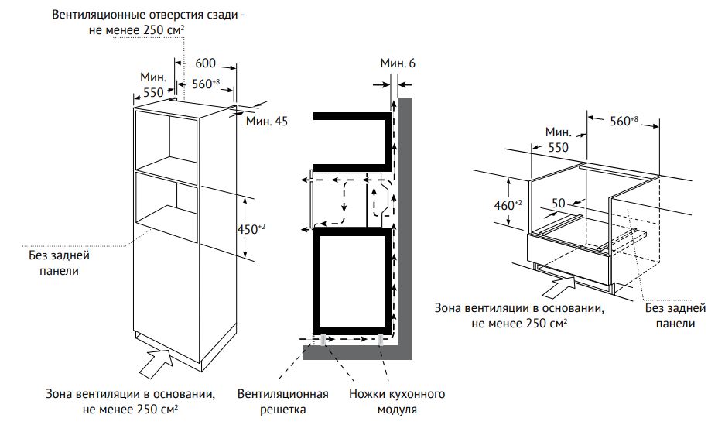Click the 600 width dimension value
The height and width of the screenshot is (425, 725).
205,63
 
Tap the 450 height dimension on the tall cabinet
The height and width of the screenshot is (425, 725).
251,229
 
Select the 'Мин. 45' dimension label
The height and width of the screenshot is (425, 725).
267,122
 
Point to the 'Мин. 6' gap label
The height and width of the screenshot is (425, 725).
398,63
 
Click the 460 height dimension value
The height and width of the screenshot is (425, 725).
508,204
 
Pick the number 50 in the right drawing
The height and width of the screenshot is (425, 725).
559,203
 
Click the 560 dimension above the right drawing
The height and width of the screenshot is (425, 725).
624,122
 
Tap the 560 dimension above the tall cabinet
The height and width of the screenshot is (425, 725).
206,84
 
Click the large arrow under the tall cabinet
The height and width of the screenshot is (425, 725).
156,364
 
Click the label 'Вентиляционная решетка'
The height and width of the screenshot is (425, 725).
283,402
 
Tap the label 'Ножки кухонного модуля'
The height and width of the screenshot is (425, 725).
397,402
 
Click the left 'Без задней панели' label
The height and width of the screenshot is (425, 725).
59,262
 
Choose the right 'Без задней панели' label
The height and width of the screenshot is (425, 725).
675,315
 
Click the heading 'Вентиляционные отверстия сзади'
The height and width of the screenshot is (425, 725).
149,15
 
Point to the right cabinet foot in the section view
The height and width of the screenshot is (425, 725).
381,339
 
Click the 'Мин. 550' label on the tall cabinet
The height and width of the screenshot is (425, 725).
153,84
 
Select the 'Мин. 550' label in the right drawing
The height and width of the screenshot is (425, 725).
558,139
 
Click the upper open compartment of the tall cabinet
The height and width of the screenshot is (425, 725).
166,142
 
